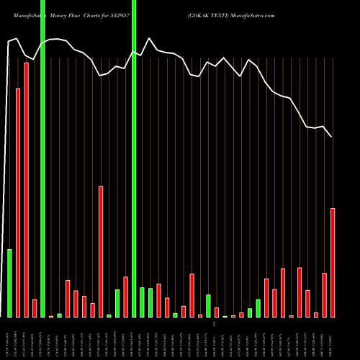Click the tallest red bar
tap(26, 190)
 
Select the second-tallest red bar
tap(18, 202)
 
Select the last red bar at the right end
tap(333, 263)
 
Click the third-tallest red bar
tap(101, 251)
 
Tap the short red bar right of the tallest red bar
tap(35, 308)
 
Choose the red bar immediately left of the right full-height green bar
tap(125, 297)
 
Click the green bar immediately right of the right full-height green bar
tap(143, 302)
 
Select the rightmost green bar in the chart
tap(258, 308)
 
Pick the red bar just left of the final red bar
tap(325, 295)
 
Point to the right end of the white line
tap(332, 137)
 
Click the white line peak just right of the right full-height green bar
tap(149, 39)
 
